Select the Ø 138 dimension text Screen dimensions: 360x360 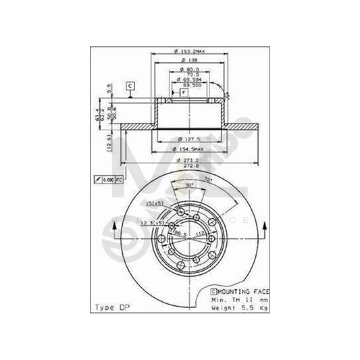click(185, 61)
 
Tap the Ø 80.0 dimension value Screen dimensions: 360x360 click(185, 69)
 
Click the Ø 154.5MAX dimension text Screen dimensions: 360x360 click(186, 148)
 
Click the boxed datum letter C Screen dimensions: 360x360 click(130, 85)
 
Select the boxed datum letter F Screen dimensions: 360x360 click(184, 93)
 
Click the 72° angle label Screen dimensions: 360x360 click(207, 180)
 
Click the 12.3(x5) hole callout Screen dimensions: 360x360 click(156, 222)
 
